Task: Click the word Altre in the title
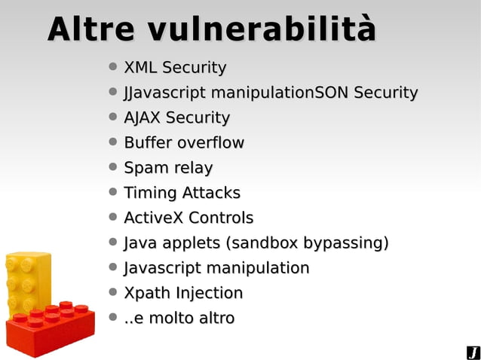[90, 29]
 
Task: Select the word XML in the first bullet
[140, 68]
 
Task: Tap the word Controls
[221, 218]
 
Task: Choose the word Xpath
[146, 293]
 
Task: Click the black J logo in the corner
[473, 352]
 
